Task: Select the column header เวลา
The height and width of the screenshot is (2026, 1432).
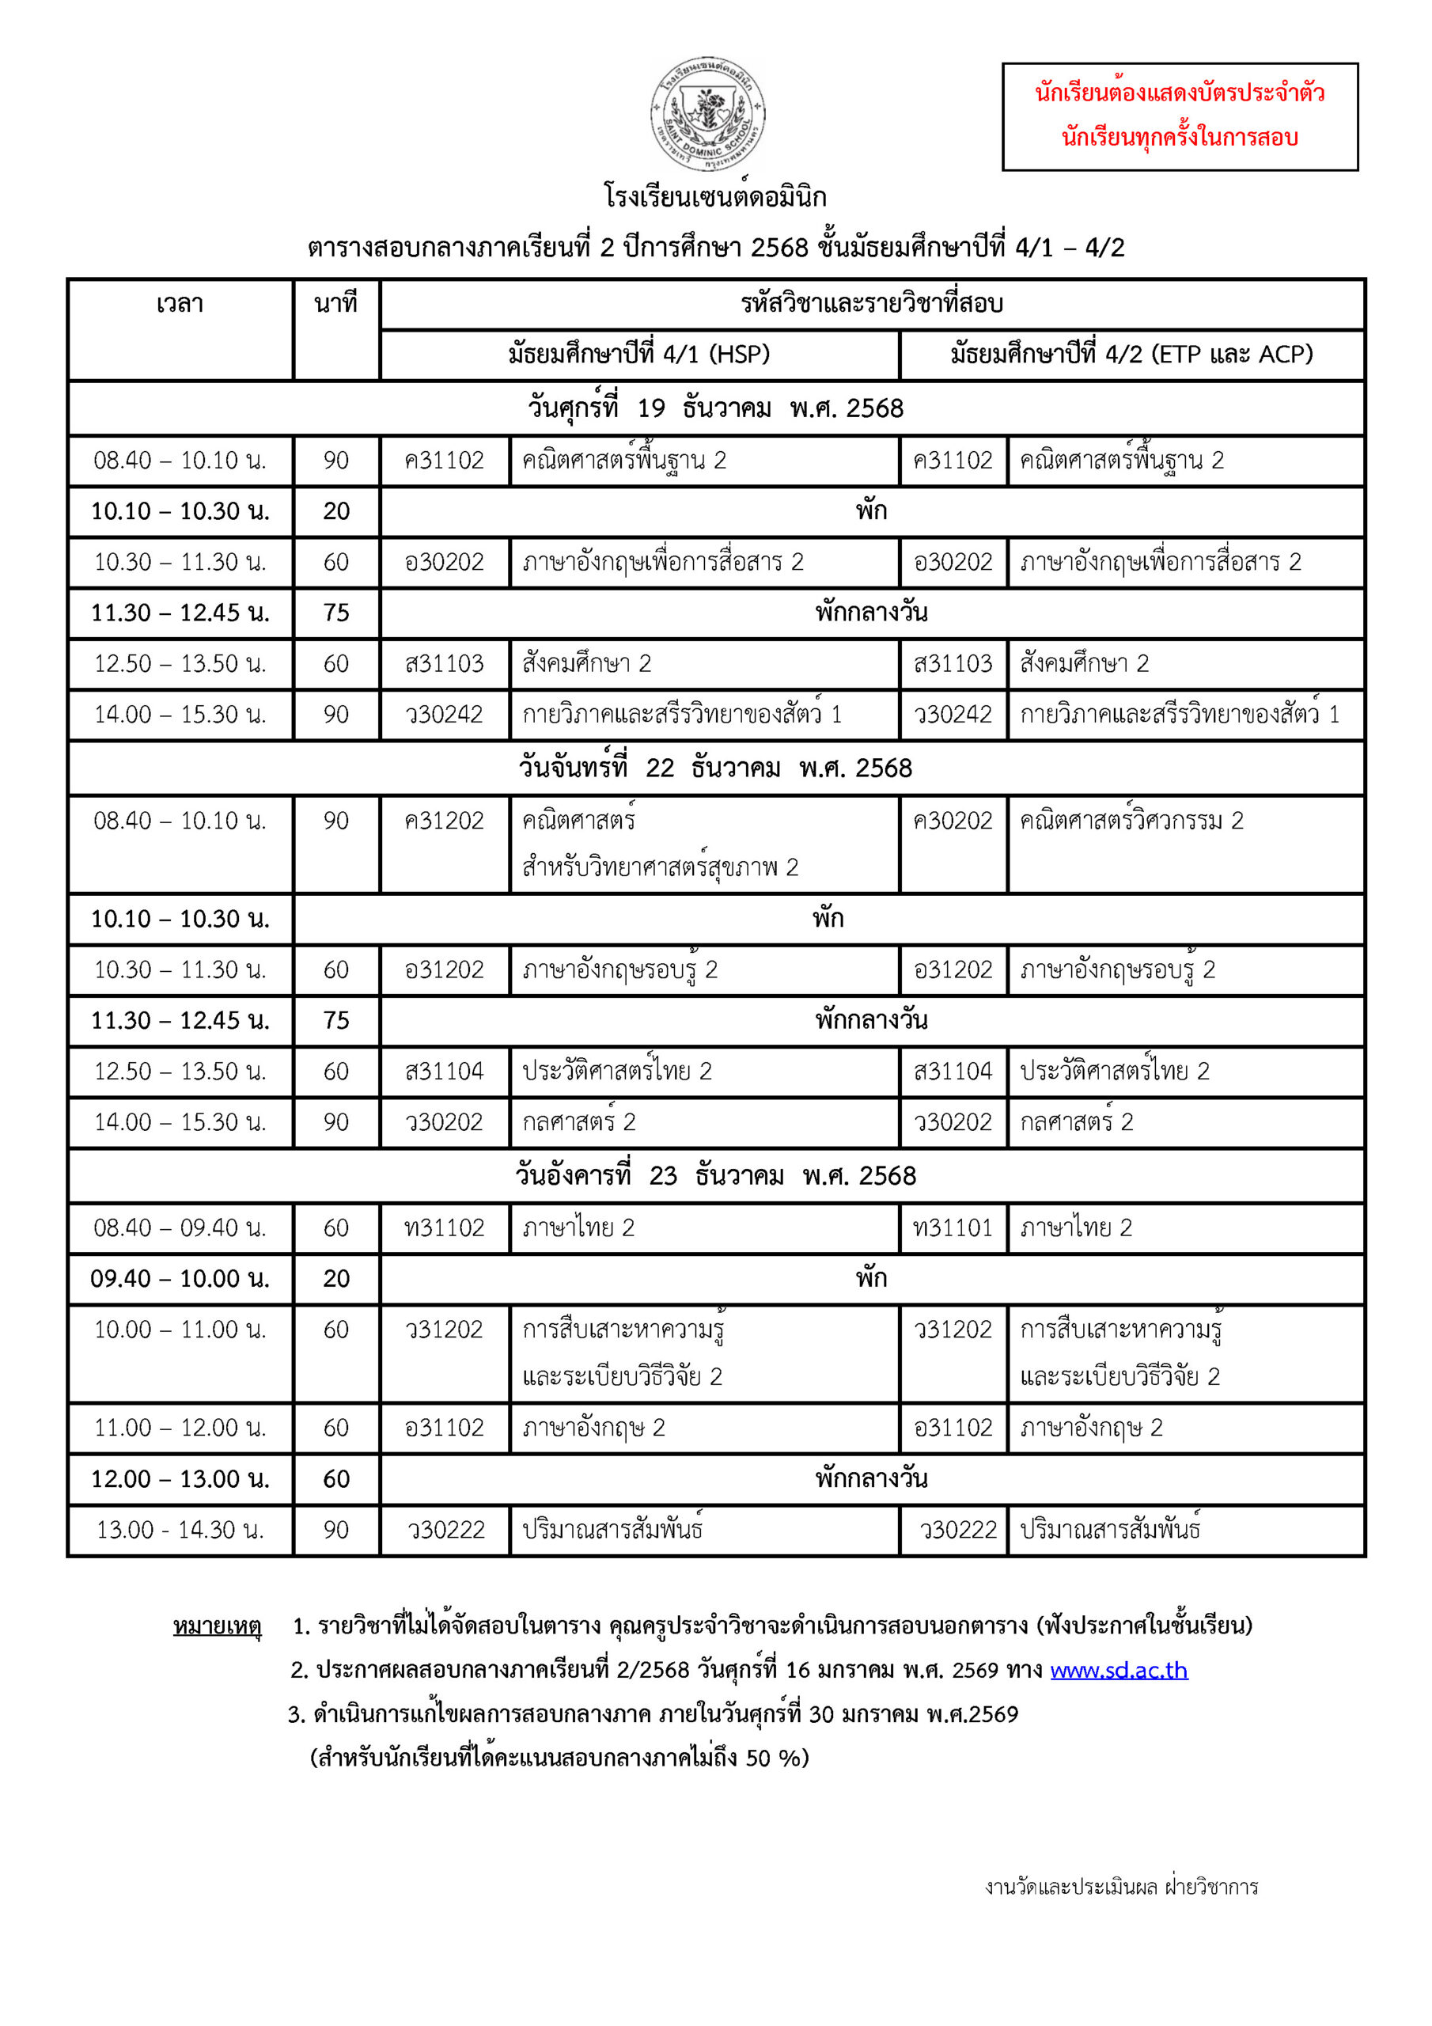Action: point(180,305)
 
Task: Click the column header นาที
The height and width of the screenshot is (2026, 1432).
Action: point(335,305)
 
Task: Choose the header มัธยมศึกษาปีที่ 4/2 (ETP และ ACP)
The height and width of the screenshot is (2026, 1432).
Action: point(1131,355)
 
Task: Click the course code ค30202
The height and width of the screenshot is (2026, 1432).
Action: point(952,821)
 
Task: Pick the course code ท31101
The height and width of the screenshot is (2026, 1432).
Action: point(952,1228)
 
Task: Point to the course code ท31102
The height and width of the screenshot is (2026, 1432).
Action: point(444,1228)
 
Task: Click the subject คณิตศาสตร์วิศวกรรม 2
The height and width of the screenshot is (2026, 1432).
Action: point(1131,821)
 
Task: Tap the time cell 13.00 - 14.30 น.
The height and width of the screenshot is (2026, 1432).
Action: point(180,1530)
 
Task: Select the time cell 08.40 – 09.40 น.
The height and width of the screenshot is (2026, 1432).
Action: point(180,1228)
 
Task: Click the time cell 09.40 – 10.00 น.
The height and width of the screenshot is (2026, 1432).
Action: point(180,1279)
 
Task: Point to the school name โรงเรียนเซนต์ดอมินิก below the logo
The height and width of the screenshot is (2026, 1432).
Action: point(714,196)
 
